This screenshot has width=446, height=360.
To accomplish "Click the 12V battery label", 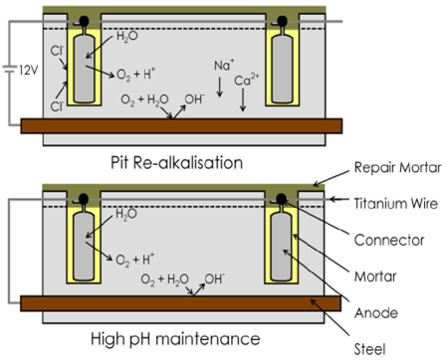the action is tap(29, 70).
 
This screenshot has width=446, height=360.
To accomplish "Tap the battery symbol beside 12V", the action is tap(10, 70).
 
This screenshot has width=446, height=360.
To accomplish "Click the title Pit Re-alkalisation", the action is tap(176, 163).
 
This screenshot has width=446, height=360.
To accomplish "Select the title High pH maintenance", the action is tap(175, 339).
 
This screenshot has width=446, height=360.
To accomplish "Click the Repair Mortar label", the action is tap(397, 167).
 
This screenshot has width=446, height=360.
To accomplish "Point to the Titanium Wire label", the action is tap(396, 203).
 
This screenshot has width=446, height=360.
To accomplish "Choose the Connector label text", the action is tap(389, 240).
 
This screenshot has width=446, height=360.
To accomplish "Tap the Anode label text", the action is tap(376, 313).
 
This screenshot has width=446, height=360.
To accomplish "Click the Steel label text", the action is tap(369, 349).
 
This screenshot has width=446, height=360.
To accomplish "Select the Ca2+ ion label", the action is tap(247, 80).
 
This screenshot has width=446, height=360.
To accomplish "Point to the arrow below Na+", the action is tap(219, 88).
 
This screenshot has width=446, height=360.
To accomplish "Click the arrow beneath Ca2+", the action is tap(243, 99).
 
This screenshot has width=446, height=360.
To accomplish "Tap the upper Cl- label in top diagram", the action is tap(57, 51).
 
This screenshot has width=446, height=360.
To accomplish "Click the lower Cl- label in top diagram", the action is tap(57, 106).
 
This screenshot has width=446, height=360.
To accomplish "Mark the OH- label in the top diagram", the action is tap(194, 99).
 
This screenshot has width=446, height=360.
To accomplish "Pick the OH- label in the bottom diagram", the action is tap(214, 278).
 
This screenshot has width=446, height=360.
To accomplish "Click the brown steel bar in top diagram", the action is tap(181, 126).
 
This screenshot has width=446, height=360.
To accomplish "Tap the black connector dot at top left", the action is tap(84, 21).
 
